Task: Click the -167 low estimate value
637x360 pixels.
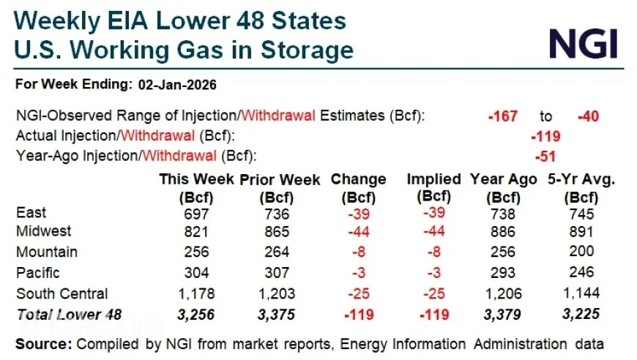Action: (x=503, y=116)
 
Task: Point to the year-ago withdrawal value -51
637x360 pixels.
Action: (x=545, y=156)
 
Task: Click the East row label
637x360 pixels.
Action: (x=31, y=213)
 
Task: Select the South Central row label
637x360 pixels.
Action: (x=62, y=294)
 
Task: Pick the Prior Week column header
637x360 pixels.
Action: (x=280, y=179)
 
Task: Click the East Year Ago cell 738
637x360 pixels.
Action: (x=504, y=213)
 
